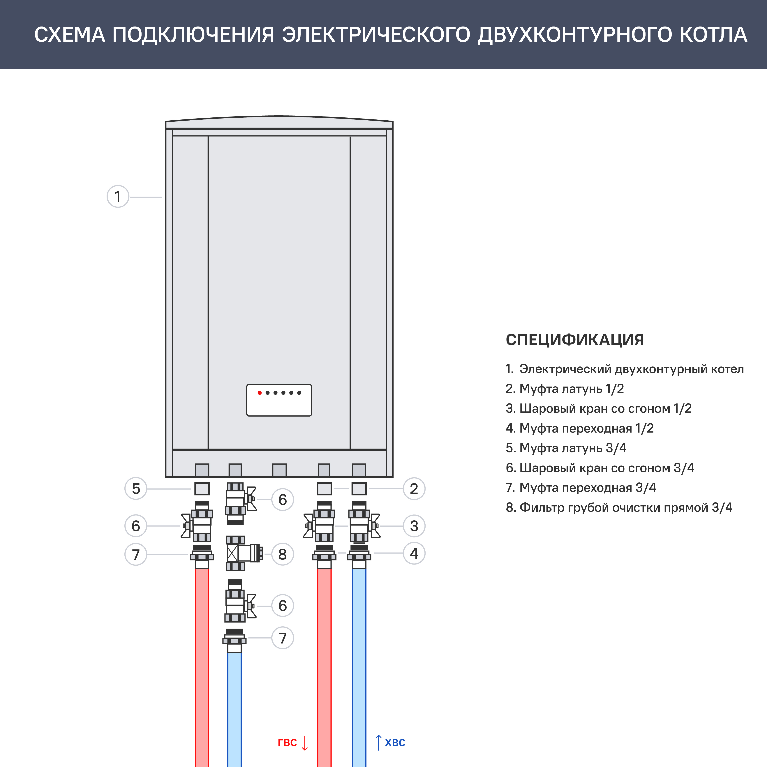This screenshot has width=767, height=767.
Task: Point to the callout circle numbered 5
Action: tap(136, 489)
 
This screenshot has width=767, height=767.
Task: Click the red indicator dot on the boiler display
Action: tap(259, 393)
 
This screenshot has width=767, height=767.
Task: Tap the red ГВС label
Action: tap(287, 742)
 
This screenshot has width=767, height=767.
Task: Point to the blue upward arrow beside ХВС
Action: tap(379, 742)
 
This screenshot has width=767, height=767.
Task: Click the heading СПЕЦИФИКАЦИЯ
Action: tap(574, 340)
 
